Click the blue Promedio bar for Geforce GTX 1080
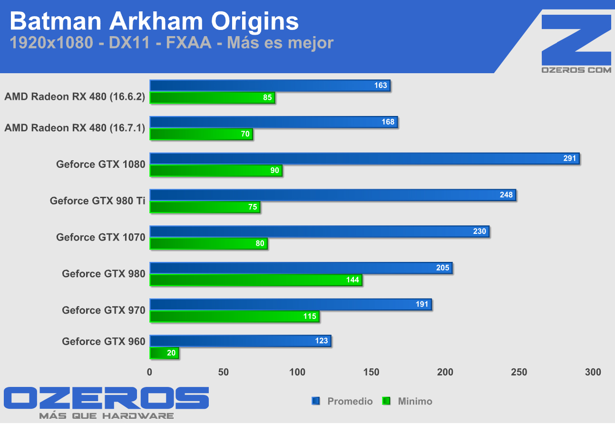pyautogui.click(x=364, y=159)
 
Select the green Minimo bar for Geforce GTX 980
pyautogui.click(x=255, y=280)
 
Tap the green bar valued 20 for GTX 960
pyautogui.click(x=164, y=353)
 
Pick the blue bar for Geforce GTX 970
pyautogui.click(x=290, y=304)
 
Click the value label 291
pyautogui.click(x=569, y=158)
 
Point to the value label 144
pyautogui.click(x=352, y=280)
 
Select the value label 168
pyautogui.click(x=388, y=122)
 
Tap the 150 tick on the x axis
pyautogui.click(x=371, y=372)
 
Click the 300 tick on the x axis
pyautogui.click(x=593, y=372)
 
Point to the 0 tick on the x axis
pyautogui.click(x=150, y=372)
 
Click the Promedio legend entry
pyautogui.click(x=343, y=401)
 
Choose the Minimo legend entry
pyautogui.click(x=408, y=401)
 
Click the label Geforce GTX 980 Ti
pyautogui.click(x=98, y=201)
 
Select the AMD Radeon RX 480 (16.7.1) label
pyautogui.click(x=75, y=128)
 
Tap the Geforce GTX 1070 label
pyautogui.click(x=100, y=237)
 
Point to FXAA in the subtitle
pyautogui.click(x=189, y=43)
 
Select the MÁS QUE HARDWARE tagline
pyautogui.click(x=106, y=416)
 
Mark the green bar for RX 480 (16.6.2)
pyautogui.click(x=212, y=98)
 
